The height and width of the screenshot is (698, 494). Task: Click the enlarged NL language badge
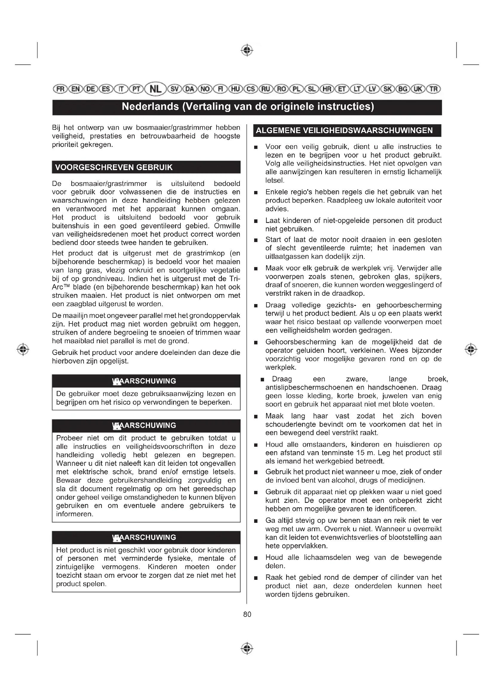pyautogui.click(x=155, y=89)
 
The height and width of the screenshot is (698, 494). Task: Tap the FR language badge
pyautogui.click(x=60, y=89)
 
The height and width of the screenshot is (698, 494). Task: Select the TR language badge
pyautogui.click(x=434, y=89)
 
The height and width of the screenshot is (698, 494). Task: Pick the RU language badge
pyautogui.click(x=266, y=89)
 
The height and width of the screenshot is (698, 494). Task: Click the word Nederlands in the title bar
pyautogui.click(x=150, y=107)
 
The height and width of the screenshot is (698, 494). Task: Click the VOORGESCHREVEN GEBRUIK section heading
pyautogui.click(x=114, y=167)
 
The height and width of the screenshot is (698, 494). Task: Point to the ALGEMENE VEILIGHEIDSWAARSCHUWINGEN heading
pyautogui.click(x=344, y=130)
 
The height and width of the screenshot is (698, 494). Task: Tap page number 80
pyautogui.click(x=247, y=614)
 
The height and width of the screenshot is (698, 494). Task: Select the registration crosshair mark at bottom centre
pyautogui.click(x=247, y=648)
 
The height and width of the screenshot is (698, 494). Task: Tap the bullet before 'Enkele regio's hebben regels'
pyautogui.click(x=256, y=192)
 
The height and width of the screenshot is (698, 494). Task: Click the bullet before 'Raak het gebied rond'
pyautogui.click(x=256, y=578)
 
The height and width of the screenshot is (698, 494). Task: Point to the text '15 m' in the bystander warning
pyautogui.click(x=366, y=453)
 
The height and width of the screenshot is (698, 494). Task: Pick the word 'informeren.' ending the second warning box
pyautogui.click(x=75, y=514)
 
